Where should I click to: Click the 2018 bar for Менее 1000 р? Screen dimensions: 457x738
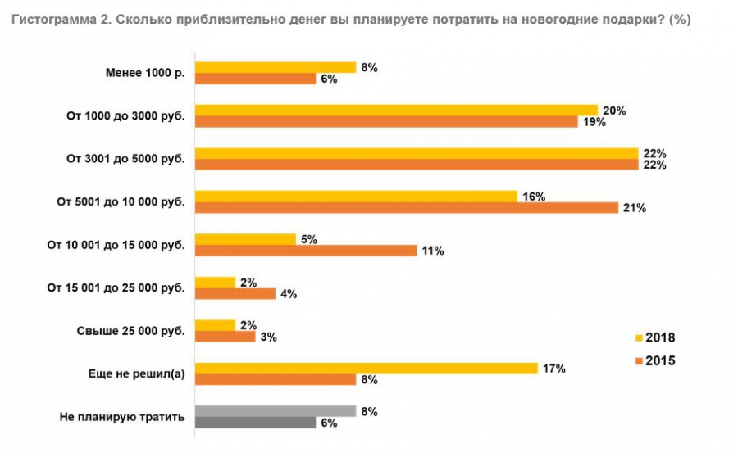tap(276, 67)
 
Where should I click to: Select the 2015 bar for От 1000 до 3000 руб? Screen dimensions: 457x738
tap(386, 122)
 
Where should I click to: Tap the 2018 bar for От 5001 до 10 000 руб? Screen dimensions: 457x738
tap(356, 197)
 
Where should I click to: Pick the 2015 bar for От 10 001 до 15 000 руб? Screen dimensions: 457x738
tap(305, 251)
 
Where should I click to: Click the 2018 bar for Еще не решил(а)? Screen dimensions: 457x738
tap(366, 369)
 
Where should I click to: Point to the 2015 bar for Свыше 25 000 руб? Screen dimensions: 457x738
tap(225, 337)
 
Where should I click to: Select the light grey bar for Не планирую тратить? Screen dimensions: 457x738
tap(276, 411)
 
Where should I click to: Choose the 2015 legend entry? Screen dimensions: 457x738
tap(654, 360)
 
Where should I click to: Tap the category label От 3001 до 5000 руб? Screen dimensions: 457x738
tap(125, 159)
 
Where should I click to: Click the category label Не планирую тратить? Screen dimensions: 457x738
tap(122, 417)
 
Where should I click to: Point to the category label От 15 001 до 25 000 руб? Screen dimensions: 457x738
tap(116, 288)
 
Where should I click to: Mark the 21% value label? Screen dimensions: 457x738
tap(635, 208)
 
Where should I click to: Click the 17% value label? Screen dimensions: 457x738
tap(554, 369)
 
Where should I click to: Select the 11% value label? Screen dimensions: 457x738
tap(433, 251)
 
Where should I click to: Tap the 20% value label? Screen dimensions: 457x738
tap(615, 111)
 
